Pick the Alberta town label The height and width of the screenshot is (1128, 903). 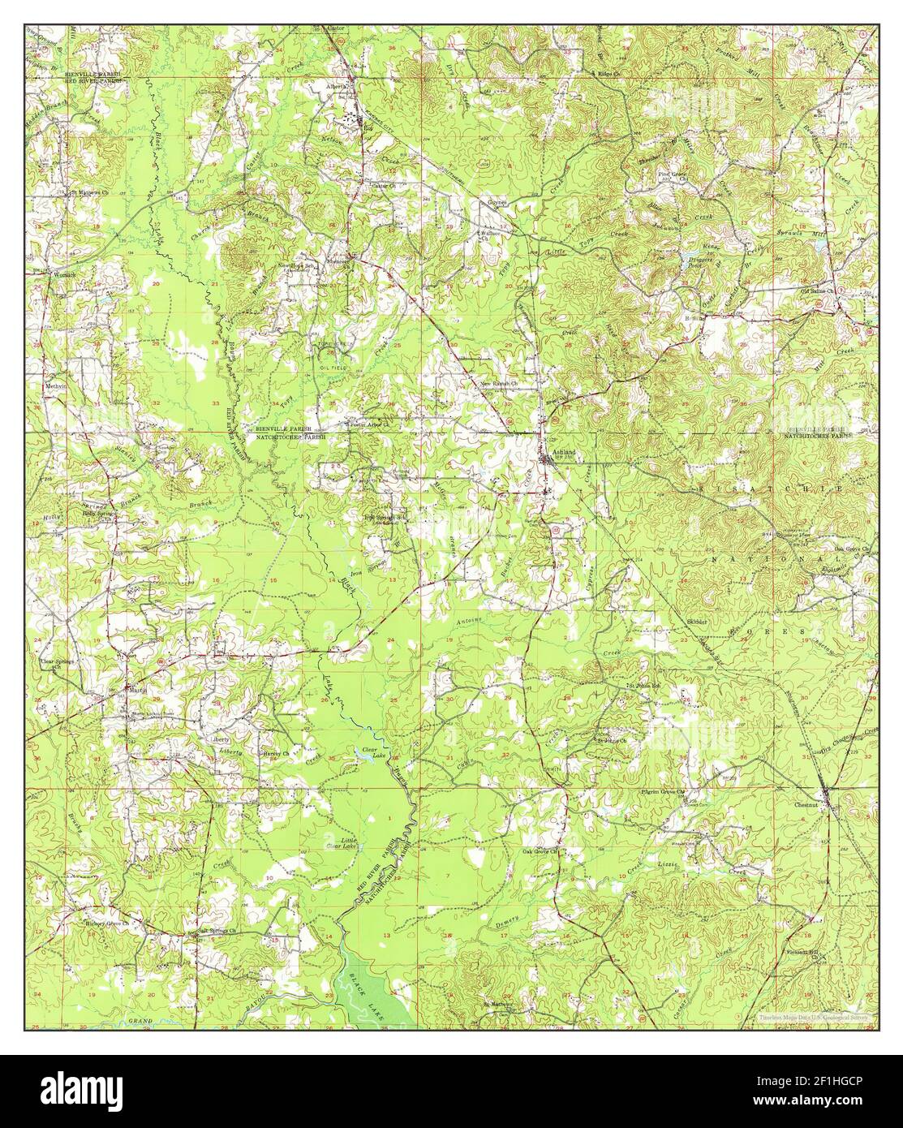click(337, 86)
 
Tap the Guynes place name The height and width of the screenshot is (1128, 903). click(496, 202)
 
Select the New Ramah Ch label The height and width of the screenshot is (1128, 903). click(499, 383)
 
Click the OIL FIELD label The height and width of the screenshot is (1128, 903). click(333, 366)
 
